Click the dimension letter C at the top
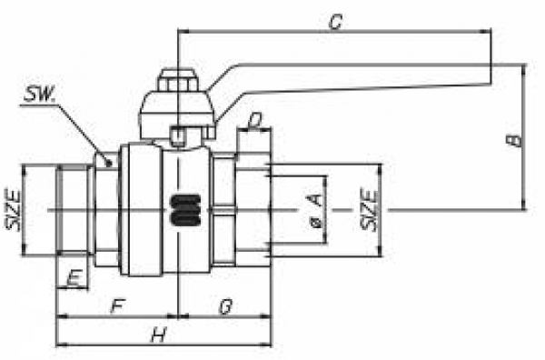tap(336, 22)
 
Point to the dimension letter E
tap(74, 278)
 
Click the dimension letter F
tap(117, 306)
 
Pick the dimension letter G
tap(225, 306)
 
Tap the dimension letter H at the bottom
tap(160, 335)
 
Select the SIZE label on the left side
tap(14, 210)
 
